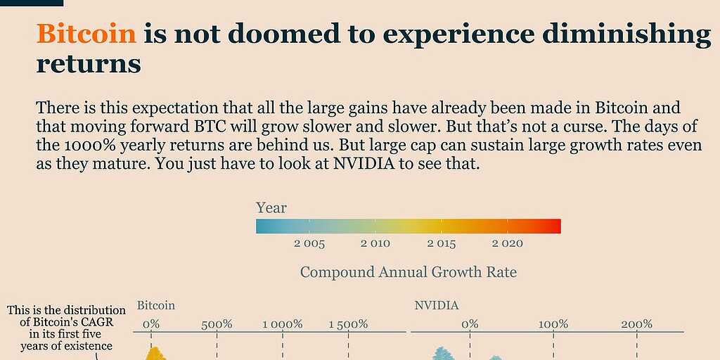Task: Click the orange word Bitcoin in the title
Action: tap(86, 34)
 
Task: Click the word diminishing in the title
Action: tap(623, 34)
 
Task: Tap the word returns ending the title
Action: tap(89, 64)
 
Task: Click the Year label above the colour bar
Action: tap(271, 208)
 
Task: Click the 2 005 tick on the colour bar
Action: tap(309, 244)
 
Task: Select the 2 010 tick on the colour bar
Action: tap(375, 244)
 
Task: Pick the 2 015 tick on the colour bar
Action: tap(441, 244)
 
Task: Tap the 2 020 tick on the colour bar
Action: tap(507, 244)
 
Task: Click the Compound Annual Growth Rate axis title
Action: tap(408, 272)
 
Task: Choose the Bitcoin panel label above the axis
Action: tap(156, 306)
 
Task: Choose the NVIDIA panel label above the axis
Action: tap(436, 306)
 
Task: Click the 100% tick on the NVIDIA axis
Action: tap(553, 324)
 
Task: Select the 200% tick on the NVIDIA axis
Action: tap(637, 324)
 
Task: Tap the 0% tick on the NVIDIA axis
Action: tap(470, 324)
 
